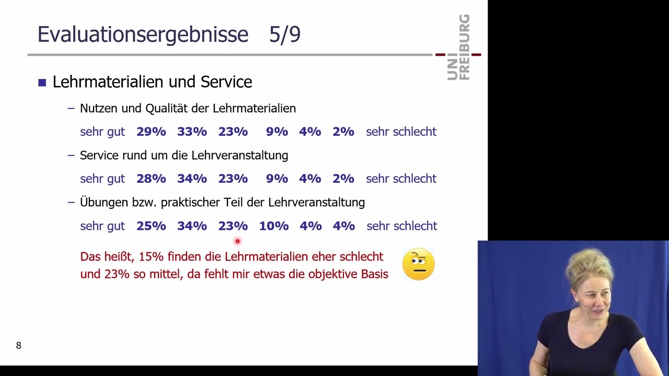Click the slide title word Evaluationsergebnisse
[x=143, y=34]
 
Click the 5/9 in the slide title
[x=285, y=34]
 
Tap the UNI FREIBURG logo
[x=459, y=48]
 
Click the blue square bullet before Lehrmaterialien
[x=42, y=83]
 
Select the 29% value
[x=151, y=132]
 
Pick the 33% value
[x=192, y=132]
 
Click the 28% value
[x=151, y=179]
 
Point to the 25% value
[x=151, y=226]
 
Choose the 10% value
[x=274, y=226]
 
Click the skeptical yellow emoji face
[x=419, y=264]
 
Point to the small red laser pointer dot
[x=237, y=241]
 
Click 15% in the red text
[x=151, y=257]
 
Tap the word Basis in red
[x=375, y=274]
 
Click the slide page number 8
[x=19, y=346]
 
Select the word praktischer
[x=191, y=203]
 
